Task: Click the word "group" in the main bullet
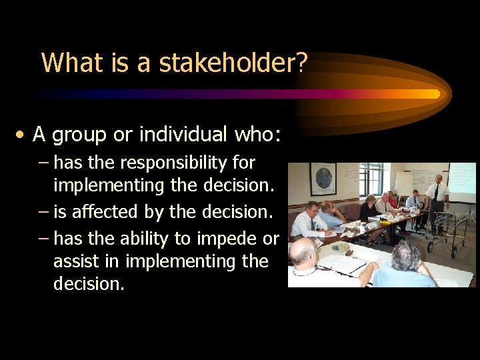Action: coord(79,135)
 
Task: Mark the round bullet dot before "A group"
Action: coord(23,135)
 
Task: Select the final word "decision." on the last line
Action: coord(89,284)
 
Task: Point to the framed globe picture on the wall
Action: coord(323,179)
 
